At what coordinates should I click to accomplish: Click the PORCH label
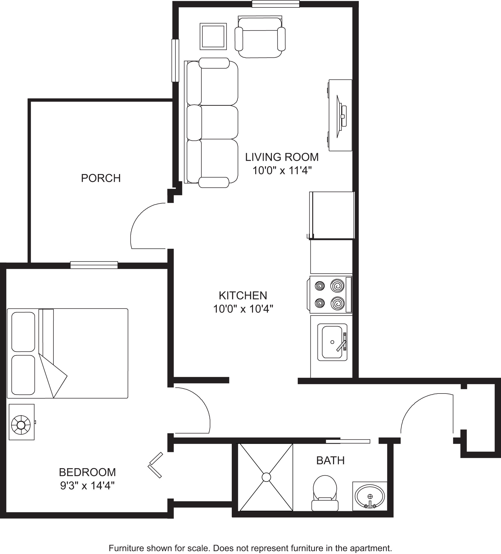tap(101, 178)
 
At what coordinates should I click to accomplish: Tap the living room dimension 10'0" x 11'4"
tap(282, 170)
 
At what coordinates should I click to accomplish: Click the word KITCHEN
tap(243, 295)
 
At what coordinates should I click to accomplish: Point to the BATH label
tap(330, 460)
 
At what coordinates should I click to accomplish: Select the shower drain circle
tap(266, 477)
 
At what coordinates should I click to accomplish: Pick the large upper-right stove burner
tap(337, 286)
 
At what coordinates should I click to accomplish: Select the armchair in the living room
tap(260, 37)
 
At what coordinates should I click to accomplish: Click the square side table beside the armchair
tap(213, 37)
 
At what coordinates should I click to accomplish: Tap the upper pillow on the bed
tap(23, 332)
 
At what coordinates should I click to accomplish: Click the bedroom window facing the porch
tap(94, 265)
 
